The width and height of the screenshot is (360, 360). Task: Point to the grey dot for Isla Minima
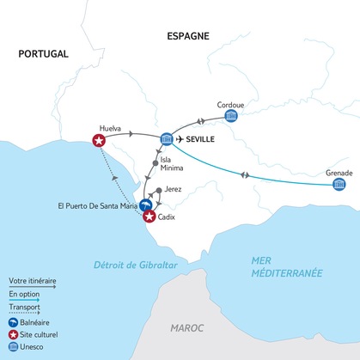pyautogui.click(x=155, y=162)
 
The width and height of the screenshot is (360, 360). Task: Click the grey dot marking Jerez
pyautogui.click(x=157, y=190)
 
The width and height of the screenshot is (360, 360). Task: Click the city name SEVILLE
pyautogui.click(x=208, y=137)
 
